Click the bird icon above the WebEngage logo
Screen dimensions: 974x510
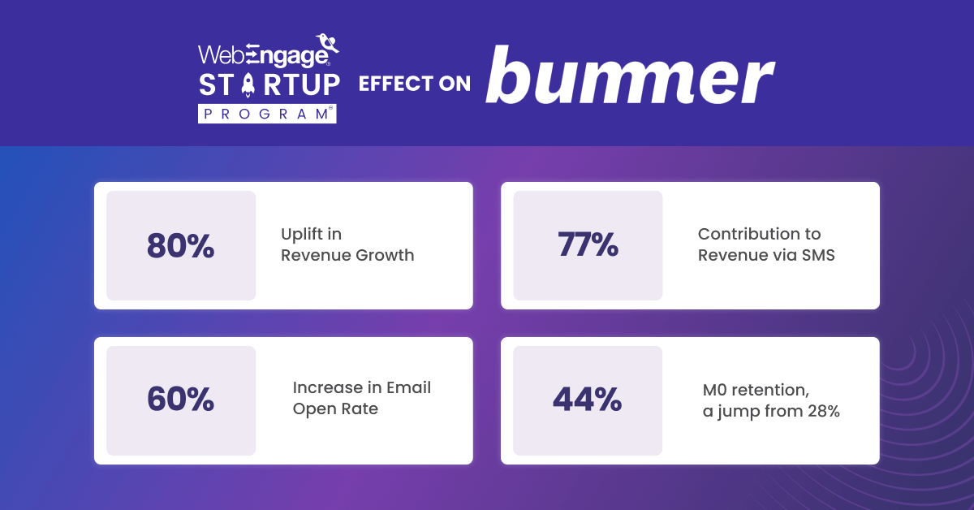[327, 43]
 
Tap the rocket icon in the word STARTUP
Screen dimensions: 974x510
[248, 84]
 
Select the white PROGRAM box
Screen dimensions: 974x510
[267, 114]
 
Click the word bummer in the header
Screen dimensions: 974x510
[630, 75]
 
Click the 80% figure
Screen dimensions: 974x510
[180, 246]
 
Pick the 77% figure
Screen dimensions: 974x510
[588, 244]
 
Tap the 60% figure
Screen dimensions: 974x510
[180, 399]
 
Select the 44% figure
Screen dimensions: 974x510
[587, 399]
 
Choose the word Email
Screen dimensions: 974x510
[409, 387]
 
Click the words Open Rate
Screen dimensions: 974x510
[335, 408]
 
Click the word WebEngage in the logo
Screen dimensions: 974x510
[264, 56]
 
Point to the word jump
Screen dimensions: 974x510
[738, 412]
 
